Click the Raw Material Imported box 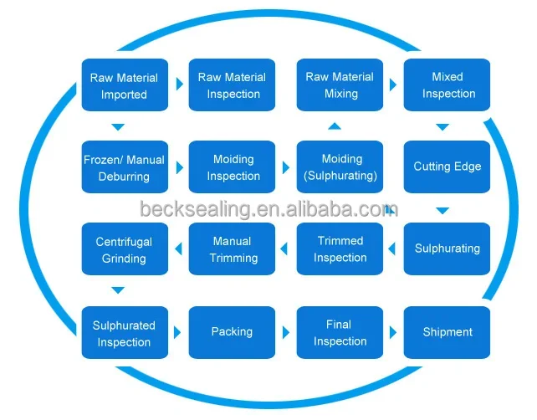click(125, 85)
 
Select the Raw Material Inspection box click(233, 85)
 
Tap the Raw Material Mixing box click(340, 85)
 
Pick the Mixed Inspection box click(447, 85)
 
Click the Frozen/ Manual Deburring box click(125, 167)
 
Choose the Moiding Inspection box click(233, 167)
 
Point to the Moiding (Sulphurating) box click(340, 167)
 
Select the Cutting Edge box click(447, 167)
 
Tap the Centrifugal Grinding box click(125, 249)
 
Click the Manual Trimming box click(233, 249)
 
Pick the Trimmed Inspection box click(340, 249)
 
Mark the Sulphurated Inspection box click(125, 333)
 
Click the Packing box click(233, 333)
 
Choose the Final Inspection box click(340, 333)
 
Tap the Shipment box click(447, 333)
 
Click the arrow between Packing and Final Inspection click(286, 333)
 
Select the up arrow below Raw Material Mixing click(335, 126)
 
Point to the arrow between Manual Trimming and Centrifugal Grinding click(178, 248)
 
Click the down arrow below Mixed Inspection click(442, 127)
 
